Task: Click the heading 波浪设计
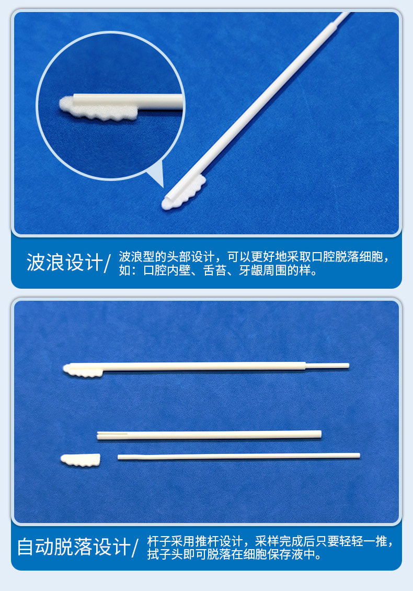tap(64, 263)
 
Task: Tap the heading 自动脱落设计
tap(74, 547)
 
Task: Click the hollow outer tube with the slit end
tap(209, 434)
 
